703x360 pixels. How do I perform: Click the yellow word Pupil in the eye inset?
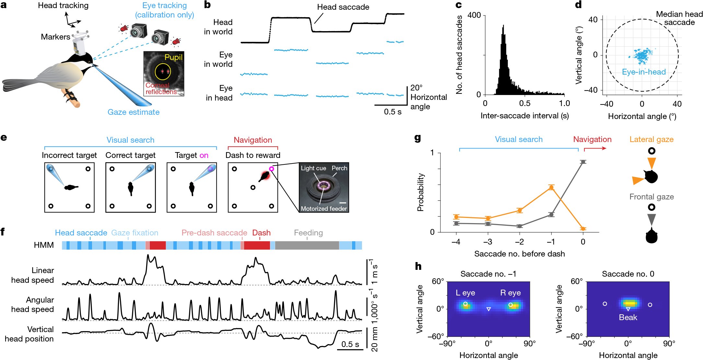[173, 57]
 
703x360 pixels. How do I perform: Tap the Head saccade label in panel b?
[343, 7]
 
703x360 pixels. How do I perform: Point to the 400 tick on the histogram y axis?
[474, 15]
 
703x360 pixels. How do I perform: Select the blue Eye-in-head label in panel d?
[644, 72]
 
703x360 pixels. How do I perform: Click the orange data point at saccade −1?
[551, 187]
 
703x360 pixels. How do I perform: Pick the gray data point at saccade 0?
[583, 162]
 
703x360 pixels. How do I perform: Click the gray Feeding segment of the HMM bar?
[307, 245]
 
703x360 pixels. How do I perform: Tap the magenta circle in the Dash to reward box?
[272, 169]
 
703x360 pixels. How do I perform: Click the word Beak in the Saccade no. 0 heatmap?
[628, 318]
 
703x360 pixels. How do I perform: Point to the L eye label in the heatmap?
[465, 293]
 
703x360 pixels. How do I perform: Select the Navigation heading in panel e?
[253, 140]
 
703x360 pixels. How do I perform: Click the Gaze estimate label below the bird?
[134, 112]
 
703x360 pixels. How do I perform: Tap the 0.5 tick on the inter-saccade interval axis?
[525, 103]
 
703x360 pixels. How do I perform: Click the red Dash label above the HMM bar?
[261, 233]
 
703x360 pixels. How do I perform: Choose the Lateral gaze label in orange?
[651, 139]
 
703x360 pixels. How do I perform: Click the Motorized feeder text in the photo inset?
[323, 209]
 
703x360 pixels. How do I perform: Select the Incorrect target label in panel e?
[69, 155]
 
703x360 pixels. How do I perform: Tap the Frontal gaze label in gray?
[651, 197]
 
